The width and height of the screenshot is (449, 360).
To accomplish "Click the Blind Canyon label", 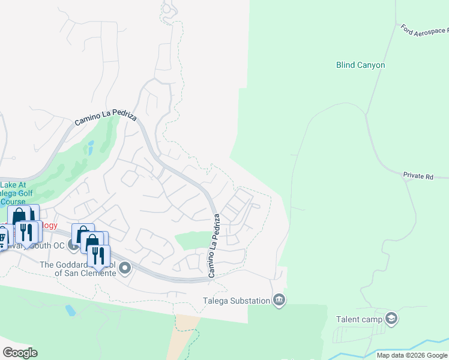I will click(360, 65).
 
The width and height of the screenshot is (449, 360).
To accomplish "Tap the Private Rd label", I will click(418, 176).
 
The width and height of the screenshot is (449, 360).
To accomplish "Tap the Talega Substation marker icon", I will click(279, 299).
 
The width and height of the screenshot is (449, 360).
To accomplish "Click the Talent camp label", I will click(360, 319).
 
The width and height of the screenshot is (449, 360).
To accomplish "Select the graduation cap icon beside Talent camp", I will click(392, 318).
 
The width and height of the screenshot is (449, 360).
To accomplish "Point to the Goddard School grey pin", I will click(125, 268).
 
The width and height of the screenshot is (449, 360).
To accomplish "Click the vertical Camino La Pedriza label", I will click(214, 246).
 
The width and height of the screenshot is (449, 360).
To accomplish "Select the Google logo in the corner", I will click(20, 353).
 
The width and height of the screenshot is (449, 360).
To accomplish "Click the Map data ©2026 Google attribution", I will click(411, 355).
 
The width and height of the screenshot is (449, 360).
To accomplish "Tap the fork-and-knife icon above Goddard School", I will click(98, 255).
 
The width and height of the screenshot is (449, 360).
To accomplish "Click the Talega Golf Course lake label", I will click(17, 193).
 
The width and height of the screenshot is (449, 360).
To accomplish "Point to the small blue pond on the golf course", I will click(91, 147).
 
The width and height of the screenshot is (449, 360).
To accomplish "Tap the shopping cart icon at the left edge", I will click(2, 236).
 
